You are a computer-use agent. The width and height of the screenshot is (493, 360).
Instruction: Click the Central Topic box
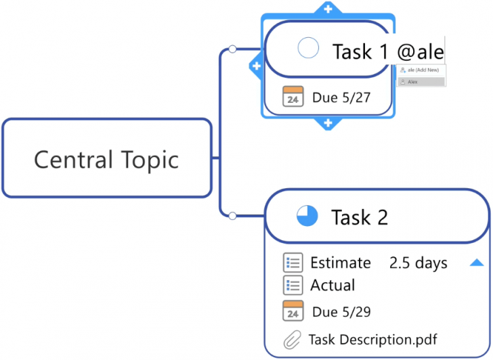point(107,159)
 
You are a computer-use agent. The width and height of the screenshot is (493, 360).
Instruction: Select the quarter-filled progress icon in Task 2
point(307,216)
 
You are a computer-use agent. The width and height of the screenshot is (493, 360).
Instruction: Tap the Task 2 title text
point(360,217)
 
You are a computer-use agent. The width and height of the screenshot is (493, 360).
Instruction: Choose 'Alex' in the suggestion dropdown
point(413,82)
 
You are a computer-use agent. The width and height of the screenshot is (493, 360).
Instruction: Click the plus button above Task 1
point(328,9)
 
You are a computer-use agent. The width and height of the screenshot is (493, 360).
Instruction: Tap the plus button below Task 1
point(328,123)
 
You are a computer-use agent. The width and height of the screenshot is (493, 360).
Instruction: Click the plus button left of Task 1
point(257,66)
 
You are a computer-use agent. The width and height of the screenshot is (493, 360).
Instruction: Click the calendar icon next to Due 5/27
point(293,97)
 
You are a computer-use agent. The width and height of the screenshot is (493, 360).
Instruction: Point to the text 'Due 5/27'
point(341,98)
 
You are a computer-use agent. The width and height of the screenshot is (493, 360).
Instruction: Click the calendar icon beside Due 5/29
point(293,311)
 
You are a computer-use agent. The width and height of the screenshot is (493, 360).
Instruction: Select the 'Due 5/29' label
point(341,312)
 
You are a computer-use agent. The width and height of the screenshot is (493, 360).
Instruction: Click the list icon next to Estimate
point(293,263)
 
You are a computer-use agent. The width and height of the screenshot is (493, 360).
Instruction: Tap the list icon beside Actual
point(293,285)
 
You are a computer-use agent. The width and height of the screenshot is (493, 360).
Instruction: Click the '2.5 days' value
point(418,263)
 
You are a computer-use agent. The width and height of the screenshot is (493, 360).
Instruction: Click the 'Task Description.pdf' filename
point(372,339)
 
